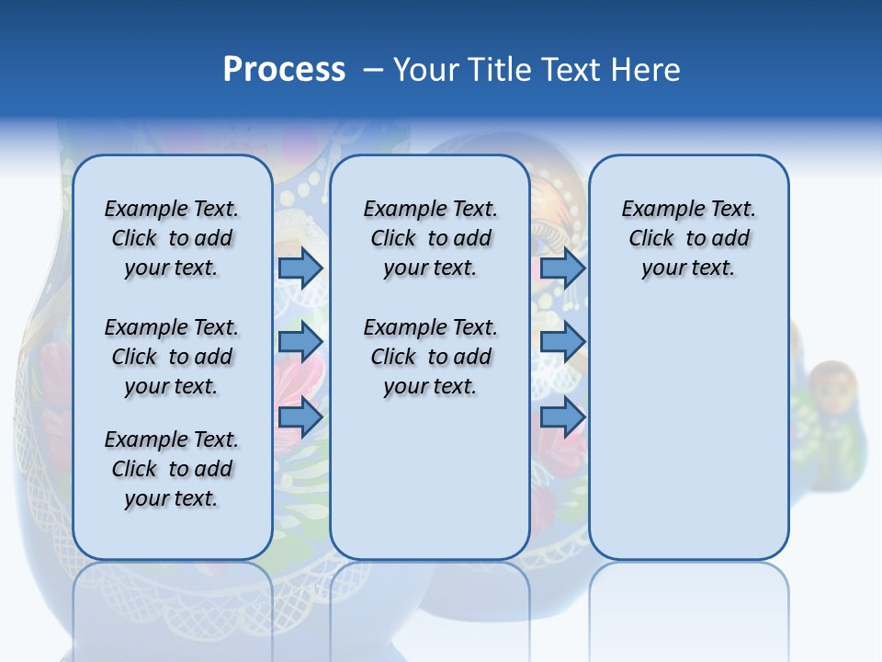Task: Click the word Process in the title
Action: pos(284,70)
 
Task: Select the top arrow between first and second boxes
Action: pos(300,268)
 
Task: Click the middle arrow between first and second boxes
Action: pos(300,342)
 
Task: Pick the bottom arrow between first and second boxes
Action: pos(300,418)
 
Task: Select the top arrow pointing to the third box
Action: pos(562,268)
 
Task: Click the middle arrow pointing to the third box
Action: pos(562,342)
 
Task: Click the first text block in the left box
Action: pos(172,238)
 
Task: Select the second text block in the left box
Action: pos(172,357)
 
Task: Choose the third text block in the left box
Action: pos(172,469)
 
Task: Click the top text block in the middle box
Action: pos(430,238)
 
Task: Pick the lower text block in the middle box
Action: pos(430,357)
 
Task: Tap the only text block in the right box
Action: pos(689,238)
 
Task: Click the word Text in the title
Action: pos(566,70)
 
